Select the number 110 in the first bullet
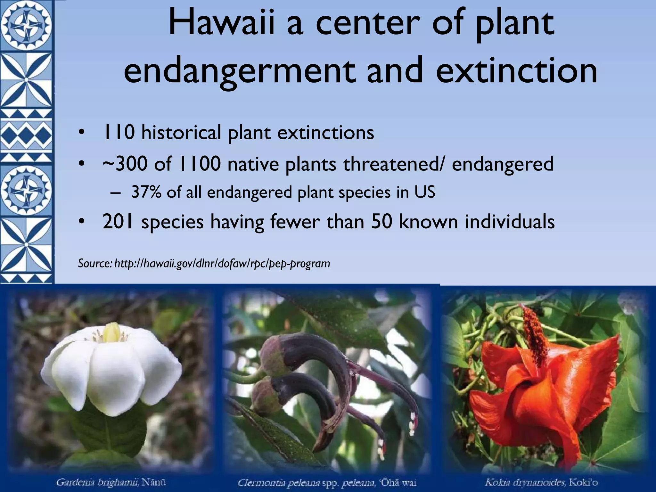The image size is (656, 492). (x=118, y=132)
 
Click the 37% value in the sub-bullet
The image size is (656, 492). (x=146, y=193)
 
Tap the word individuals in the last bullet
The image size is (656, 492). (x=510, y=221)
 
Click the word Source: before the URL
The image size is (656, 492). (x=95, y=264)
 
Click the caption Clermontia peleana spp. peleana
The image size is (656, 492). (x=327, y=482)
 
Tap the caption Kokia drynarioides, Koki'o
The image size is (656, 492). (x=541, y=482)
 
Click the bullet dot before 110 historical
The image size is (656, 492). (x=82, y=133)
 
